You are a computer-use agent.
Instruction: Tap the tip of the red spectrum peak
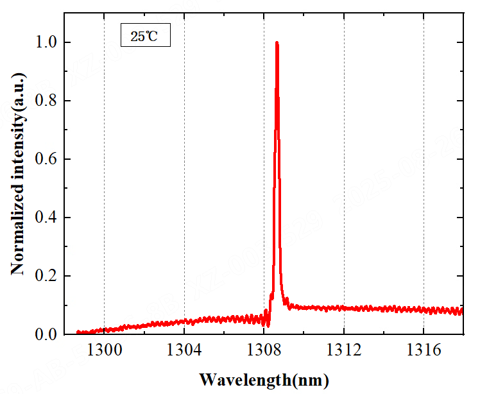277,43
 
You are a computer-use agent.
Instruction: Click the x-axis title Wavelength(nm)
264,379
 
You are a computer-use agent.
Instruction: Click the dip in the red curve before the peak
268,325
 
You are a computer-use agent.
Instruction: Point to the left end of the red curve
77,332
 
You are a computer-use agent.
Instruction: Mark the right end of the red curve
462,311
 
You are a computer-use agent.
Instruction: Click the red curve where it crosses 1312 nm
343,308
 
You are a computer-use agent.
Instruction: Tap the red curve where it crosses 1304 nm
184,321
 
